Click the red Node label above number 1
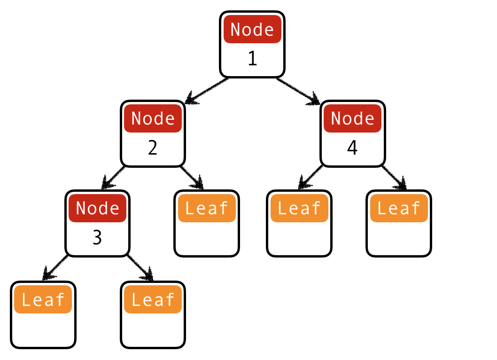click(x=252, y=29)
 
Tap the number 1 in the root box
click(x=252, y=59)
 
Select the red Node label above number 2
click(x=153, y=118)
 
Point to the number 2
click(x=153, y=148)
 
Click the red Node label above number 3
click(x=97, y=208)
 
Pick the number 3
click(x=97, y=238)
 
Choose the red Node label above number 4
click(x=352, y=118)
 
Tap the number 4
click(x=352, y=148)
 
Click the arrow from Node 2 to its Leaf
click(x=193, y=178)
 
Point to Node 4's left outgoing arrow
click(x=310, y=178)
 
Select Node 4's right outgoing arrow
click(x=394, y=178)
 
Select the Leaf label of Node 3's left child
click(x=43, y=299)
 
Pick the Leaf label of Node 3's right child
click(x=153, y=299)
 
